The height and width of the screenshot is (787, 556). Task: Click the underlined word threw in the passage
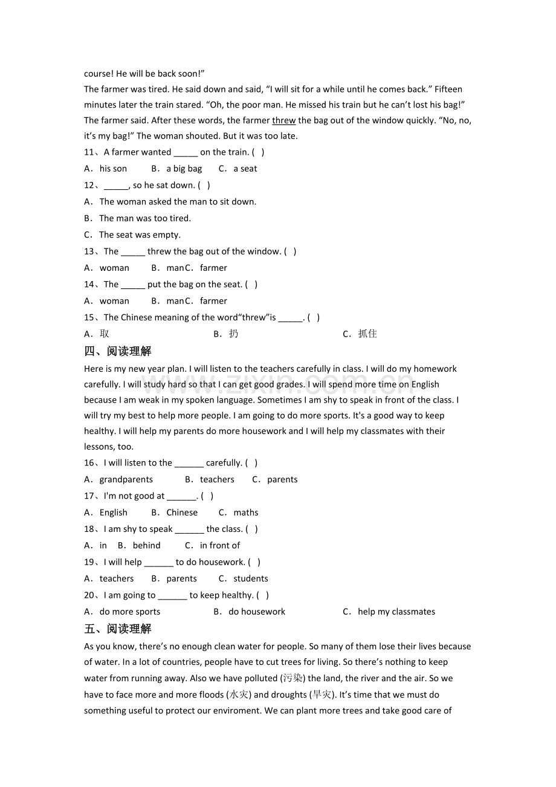[284, 120]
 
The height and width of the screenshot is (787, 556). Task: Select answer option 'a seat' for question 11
[245, 169]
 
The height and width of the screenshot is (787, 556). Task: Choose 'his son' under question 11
[113, 169]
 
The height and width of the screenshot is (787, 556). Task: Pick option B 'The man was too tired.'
[144, 218]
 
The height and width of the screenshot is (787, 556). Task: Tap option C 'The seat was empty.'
[140, 235]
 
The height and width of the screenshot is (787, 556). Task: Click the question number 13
[91, 251]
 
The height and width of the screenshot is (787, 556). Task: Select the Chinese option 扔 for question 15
[233, 334]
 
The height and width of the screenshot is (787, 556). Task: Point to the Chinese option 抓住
[367, 334]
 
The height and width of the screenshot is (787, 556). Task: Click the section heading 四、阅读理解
[118, 351]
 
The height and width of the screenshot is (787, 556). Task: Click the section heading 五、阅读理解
[118, 629]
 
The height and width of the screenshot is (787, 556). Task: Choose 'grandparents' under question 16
[126, 479]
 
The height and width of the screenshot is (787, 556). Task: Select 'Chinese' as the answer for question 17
[182, 513]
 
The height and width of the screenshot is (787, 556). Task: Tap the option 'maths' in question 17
[246, 513]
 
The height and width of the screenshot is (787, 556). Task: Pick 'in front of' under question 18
[220, 545]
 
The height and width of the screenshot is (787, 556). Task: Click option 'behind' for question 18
[147, 545]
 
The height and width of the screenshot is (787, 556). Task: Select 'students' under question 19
[251, 578]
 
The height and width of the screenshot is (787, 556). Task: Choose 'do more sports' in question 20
[130, 612]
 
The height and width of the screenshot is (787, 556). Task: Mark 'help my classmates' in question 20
[396, 612]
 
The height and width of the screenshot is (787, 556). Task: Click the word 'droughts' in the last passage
[289, 695]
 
